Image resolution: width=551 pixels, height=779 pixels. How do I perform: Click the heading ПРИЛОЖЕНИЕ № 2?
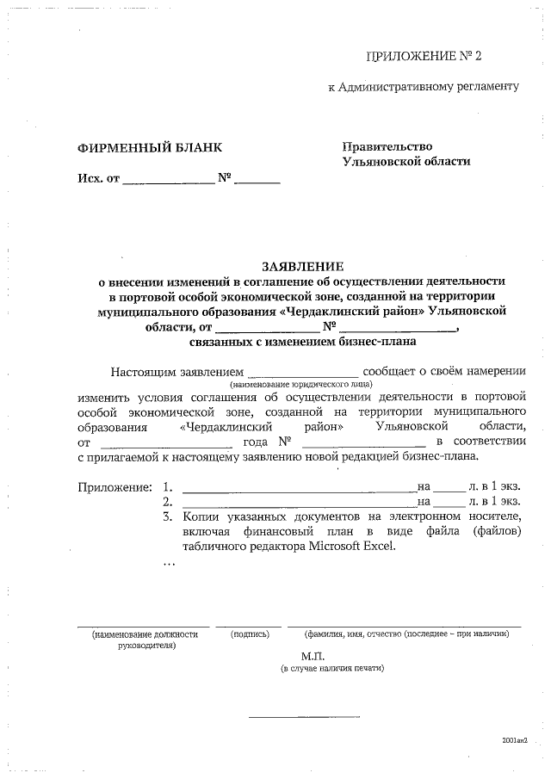[x=424, y=57]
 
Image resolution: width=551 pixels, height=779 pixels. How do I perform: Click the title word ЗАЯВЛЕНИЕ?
[x=302, y=266]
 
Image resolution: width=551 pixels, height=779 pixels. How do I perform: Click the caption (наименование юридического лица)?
[x=300, y=385]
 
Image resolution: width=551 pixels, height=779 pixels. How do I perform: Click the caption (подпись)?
[x=250, y=634]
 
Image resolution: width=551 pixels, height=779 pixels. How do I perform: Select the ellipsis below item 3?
[x=169, y=564]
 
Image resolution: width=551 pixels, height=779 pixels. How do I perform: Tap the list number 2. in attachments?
[x=168, y=502]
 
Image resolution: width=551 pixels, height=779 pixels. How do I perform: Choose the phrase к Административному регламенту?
[x=424, y=87]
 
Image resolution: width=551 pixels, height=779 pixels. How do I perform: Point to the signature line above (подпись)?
[x=249, y=626]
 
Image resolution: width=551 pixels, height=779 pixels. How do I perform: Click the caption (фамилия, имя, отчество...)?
[x=406, y=634]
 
